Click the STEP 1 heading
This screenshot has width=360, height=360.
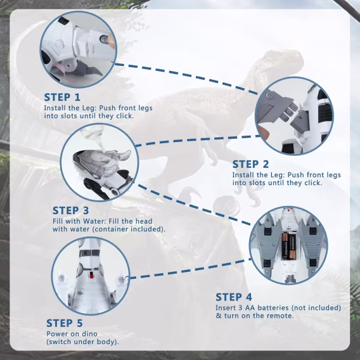coord(62,97)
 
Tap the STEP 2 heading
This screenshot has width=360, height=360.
coord(250,164)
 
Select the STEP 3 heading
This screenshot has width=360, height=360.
coord(70,210)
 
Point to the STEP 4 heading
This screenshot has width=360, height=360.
coord(234,297)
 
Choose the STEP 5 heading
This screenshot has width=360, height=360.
coord(64,323)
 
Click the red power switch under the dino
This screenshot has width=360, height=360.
coord(91,274)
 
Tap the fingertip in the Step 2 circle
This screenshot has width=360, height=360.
coord(264,132)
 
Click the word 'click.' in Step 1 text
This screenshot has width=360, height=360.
coord(125,116)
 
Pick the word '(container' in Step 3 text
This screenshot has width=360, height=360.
coord(111,229)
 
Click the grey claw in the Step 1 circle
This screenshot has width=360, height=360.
coord(89,69)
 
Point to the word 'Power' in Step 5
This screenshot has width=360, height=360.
coord(56,334)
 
